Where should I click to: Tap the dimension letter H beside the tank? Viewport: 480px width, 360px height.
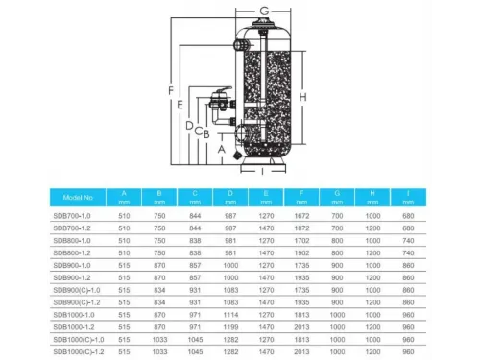pos(302,99)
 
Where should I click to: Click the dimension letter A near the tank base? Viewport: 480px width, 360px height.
pos(220,149)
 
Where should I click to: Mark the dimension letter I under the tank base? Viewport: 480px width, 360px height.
pos(262,174)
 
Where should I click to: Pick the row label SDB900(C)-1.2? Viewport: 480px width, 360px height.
pos(81,301)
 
